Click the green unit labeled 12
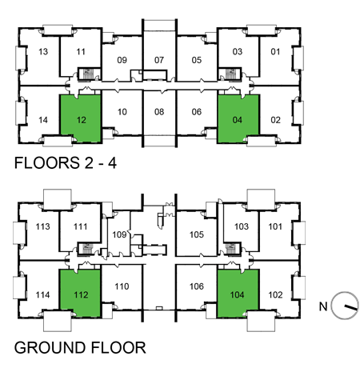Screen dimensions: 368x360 tap(80, 120)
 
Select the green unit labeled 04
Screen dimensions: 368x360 tap(238, 120)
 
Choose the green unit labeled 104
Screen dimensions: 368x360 tap(238, 293)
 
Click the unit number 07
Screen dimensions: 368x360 tap(158, 60)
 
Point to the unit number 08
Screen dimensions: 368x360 tap(158, 112)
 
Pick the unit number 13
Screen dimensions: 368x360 tap(43, 53)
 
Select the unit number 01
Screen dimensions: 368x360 tap(275, 53)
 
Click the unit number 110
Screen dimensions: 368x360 tap(122, 286)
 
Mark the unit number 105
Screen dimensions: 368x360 tap(197, 235)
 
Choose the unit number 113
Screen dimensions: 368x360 tap(43, 226)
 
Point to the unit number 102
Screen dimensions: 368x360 tap(275, 294)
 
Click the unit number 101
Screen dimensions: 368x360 tap(275, 226)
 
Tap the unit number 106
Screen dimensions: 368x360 tap(197, 286)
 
